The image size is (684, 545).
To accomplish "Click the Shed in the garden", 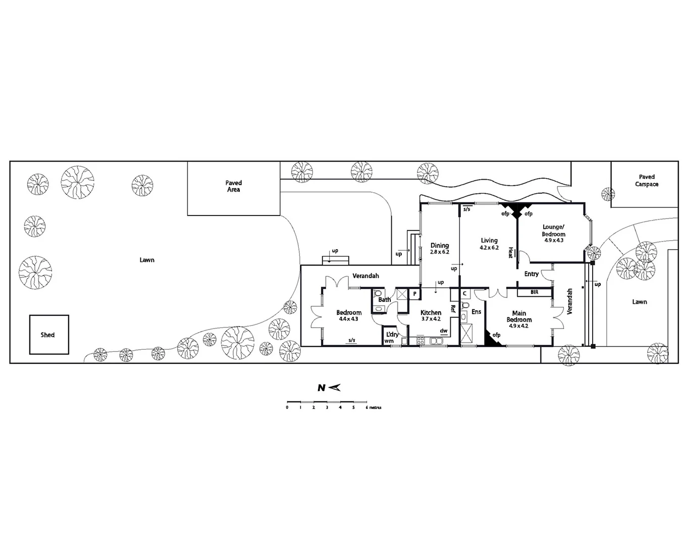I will (48, 335).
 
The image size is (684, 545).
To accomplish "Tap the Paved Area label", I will (233, 186).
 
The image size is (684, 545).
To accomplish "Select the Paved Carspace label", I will (647, 181).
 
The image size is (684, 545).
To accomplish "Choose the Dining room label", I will (439, 245).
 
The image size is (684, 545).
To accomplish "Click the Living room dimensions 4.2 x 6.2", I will (489, 248).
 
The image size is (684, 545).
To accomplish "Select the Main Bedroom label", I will (519, 316).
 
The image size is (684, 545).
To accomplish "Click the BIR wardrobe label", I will (534, 292).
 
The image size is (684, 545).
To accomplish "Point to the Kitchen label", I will (431, 312).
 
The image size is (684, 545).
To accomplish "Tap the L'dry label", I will (392, 335).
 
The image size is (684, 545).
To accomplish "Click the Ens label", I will (476, 312).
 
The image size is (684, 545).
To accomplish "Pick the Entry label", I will (531, 274).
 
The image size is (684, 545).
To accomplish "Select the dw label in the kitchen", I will (444, 331).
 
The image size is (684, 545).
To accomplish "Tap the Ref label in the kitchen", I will (453, 309).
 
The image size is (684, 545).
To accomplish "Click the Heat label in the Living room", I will (510, 252).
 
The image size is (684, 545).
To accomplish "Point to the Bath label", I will (385, 300).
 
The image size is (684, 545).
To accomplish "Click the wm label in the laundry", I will (389, 341).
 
